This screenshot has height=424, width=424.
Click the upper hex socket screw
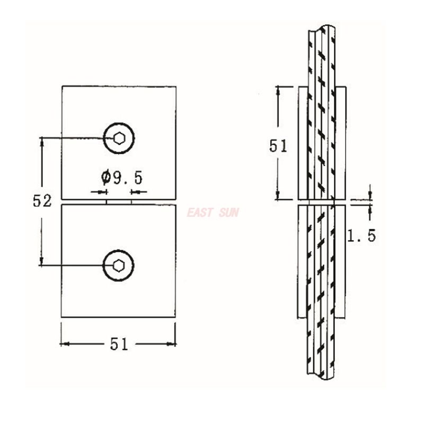pos(119,138)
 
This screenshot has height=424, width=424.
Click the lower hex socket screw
pos(118,264)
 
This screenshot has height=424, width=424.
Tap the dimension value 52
pos(42,201)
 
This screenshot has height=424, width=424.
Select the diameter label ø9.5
pos(122,175)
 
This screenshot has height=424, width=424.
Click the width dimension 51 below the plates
pos(119,344)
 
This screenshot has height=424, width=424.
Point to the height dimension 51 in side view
pos(278,145)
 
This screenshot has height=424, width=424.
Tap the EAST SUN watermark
pos(213,213)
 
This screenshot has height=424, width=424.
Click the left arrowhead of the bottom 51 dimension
pos(64,344)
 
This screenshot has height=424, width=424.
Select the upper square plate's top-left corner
pos(62,86)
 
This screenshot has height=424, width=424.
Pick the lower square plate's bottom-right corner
pos(175,317)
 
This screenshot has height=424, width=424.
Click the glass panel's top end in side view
pos(321,26)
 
